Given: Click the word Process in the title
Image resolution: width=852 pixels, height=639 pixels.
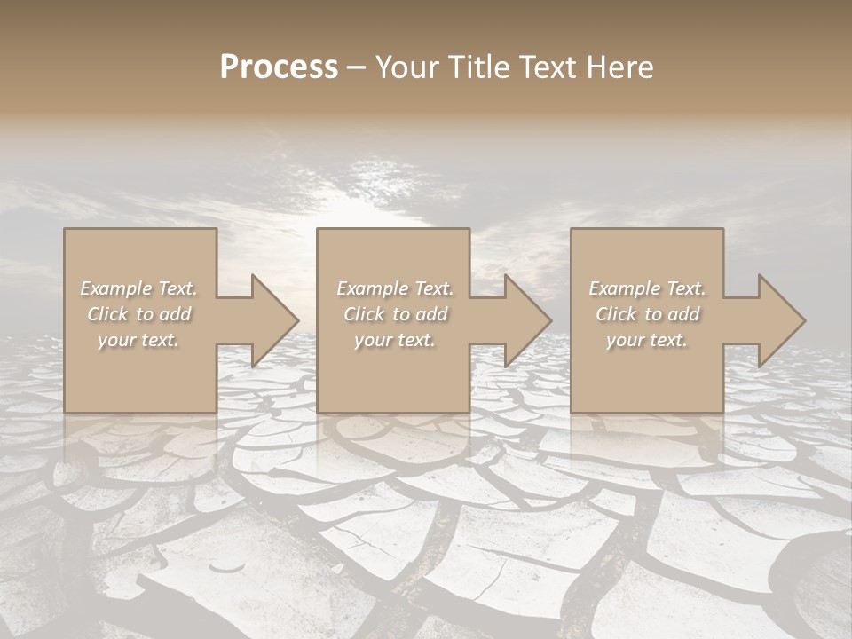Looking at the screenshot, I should click(279, 67).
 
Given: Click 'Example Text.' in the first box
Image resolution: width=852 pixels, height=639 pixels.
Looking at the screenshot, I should click(139, 288).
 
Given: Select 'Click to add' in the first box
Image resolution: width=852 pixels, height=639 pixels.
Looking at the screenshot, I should click(139, 314).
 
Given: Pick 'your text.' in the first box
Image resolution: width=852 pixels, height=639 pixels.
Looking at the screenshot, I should click(139, 340).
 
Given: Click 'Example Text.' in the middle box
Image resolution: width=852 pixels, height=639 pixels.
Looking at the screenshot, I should click(395, 288).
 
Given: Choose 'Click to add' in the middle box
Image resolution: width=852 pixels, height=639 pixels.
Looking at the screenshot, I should click(395, 314).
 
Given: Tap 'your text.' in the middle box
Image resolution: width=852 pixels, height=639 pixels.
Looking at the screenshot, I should click(395, 340).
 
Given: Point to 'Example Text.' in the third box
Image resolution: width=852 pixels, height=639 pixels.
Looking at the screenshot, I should click(647, 288).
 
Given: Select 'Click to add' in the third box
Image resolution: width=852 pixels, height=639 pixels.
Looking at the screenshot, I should click(647, 314).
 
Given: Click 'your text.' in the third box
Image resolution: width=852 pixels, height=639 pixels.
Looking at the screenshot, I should click(647, 340).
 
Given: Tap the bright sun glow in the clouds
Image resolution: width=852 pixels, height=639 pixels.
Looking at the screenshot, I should click(355, 209).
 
